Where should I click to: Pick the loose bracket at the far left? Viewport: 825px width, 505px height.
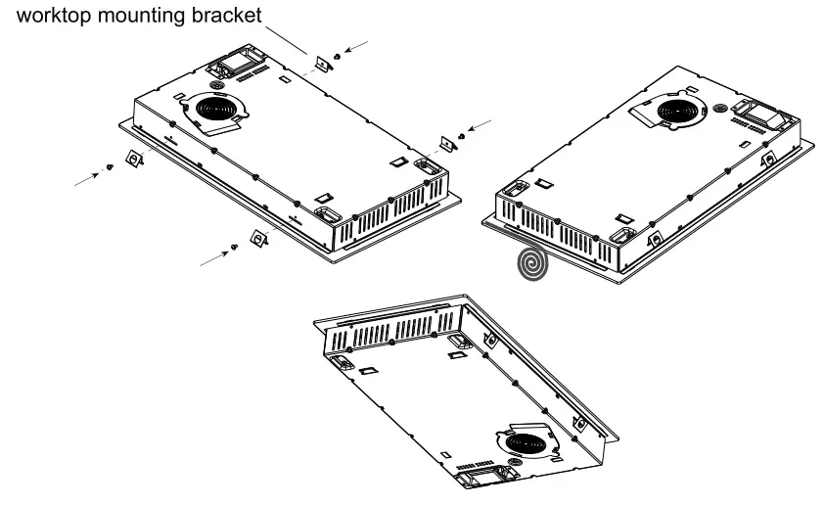(133, 158)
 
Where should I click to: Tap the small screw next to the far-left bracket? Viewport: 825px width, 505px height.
(114, 167)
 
